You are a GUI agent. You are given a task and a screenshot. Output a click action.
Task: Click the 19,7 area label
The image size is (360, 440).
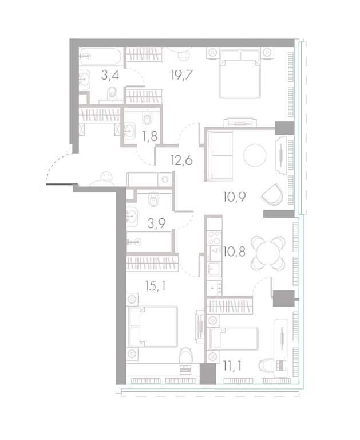coord(181,75)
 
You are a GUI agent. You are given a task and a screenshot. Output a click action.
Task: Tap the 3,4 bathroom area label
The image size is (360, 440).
coord(110,75)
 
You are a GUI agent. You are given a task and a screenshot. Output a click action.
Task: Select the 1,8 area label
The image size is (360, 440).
coord(149,136)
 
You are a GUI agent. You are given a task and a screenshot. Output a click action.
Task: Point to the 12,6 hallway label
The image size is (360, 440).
coord(181,160)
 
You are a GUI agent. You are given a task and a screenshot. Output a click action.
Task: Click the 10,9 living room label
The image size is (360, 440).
coord(235,197)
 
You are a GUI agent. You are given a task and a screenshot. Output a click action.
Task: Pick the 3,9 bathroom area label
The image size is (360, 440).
coord(156,223)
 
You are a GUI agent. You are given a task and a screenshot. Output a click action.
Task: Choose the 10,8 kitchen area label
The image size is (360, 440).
coord(234,252)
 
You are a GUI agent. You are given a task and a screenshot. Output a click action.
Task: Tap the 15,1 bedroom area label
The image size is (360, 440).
coord(155,286)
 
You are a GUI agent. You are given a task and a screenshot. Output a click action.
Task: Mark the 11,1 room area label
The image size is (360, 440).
coord(232,366)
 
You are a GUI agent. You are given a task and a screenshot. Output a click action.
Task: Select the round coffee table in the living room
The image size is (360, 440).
coord(255,155)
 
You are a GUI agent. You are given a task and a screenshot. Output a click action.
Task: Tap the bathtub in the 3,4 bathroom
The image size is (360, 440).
coord(100,56)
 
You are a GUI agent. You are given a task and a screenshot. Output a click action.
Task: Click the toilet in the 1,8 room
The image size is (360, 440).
coord(147,119)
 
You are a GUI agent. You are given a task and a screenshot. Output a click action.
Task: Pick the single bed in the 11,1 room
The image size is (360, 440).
coord(232,339)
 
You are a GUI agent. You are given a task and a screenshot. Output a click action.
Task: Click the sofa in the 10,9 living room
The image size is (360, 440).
coord(220,156)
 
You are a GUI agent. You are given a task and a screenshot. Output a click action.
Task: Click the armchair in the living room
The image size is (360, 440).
coord(272,194)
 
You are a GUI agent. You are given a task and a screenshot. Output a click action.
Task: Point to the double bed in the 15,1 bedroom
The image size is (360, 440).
coord(153,327)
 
